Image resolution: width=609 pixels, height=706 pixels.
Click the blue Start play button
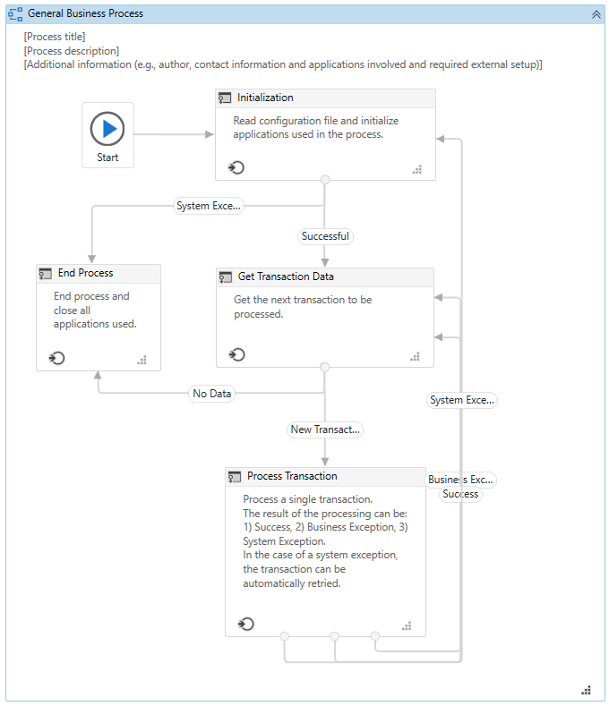click(x=107, y=129)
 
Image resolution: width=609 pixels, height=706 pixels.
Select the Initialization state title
click(x=265, y=98)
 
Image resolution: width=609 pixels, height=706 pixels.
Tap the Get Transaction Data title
click(x=286, y=276)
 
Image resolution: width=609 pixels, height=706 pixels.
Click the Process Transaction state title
click(x=292, y=476)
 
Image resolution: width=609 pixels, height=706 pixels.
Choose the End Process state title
click(x=85, y=273)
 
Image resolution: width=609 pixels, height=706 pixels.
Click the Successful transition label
click(x=325, y=236)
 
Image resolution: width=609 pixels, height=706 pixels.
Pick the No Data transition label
click(x=211, y=394)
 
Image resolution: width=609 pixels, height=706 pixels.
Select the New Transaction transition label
click(x=325, y=430)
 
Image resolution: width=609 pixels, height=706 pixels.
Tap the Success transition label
click(x=460, y=494)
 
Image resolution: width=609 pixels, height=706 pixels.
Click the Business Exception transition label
click(x=460, y=480)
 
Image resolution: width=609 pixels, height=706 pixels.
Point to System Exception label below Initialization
click(x=209, y=206)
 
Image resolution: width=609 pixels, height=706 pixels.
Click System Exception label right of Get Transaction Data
click(x=461, y=400)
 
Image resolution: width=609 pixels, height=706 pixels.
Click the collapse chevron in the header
click(x=596, y=14)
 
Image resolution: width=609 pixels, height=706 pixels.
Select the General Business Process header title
click(x=85, y=13)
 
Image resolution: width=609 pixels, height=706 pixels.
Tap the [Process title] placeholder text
click(x=55, y=37)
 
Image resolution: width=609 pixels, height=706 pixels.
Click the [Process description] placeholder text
click(x=71, y=51)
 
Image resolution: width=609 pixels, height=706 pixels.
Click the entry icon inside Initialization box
click(x=236, y=167)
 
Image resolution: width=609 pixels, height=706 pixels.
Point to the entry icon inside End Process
click(x=57, y=358)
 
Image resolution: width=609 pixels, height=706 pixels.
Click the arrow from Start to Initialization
click(x=175, y=134)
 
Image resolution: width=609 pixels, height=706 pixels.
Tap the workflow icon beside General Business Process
click(x=15, y=14)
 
